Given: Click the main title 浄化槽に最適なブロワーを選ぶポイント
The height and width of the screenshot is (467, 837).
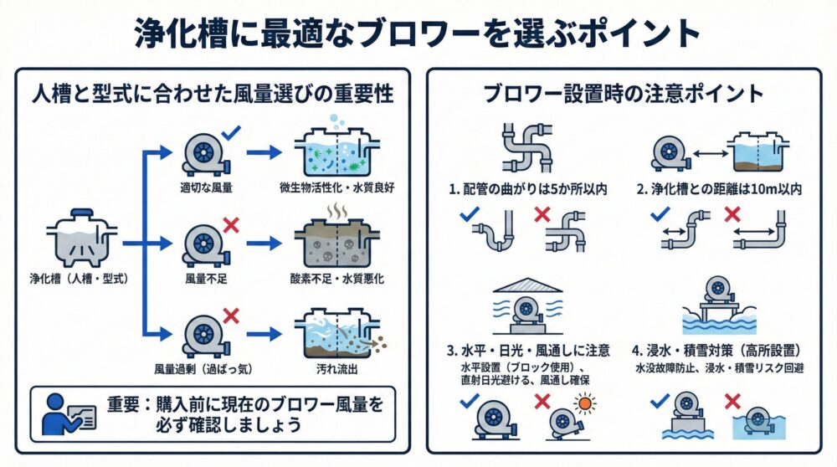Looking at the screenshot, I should tap(418, 33).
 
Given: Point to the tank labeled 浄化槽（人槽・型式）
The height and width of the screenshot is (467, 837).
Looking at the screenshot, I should tap(81, 239).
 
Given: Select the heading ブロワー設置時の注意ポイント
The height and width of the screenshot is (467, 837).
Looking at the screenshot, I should tap(624, 93).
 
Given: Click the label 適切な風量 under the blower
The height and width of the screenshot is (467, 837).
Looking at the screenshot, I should tap(206, 187).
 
